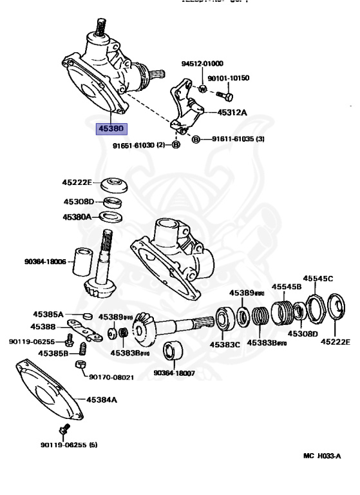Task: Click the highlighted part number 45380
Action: (110, 129)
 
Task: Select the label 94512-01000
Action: (202, 64)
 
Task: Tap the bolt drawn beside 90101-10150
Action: (224, 95)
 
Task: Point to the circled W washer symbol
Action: (203, 88)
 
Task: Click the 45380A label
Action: (77, 217)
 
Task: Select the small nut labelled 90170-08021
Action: (81, 365)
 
